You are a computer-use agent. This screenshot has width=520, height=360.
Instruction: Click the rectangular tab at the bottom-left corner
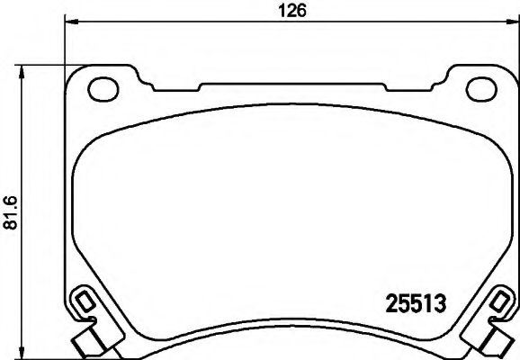pyautogui.click(x=88, y=344)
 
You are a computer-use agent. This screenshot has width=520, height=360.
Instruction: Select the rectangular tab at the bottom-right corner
pyautogui.click(x=498, y=344)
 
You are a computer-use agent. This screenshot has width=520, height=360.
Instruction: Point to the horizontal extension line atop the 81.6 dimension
pyautogui.click(x=40, y=65)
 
